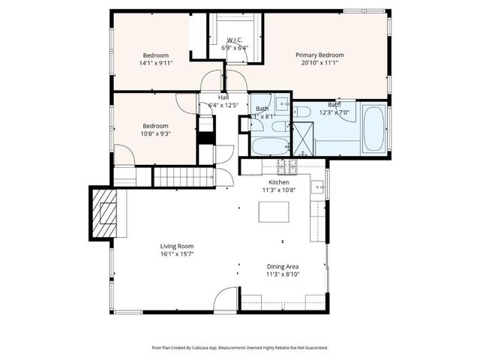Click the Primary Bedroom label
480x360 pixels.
point(319,55)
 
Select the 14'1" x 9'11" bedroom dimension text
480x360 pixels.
point(156,64)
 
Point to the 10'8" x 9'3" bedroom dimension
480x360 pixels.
point(156,134)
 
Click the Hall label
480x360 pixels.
point(223,97)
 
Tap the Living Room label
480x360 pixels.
point(177,246)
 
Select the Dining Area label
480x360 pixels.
point(283,266)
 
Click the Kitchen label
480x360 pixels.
point(280,182)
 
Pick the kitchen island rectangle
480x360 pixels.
point(274,212)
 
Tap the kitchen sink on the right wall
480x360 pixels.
point(319,188)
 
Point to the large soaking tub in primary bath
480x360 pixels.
point(373,129)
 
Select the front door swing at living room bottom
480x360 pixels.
point(225,301)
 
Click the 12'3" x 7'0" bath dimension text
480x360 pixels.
point(335,112)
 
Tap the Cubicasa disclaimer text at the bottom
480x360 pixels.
point(240,347)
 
